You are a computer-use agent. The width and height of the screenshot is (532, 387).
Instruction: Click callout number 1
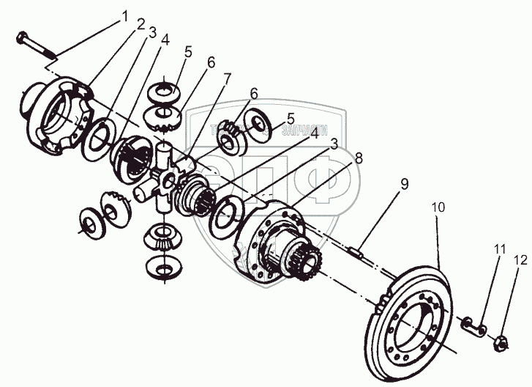click(x=124, y=15)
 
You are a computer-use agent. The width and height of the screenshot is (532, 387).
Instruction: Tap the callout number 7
click(x=228, y=78)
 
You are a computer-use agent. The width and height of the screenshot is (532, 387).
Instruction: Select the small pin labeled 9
click(x=356, y=253)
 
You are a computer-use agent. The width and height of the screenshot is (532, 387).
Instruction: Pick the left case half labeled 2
click(x=59, y=117)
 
